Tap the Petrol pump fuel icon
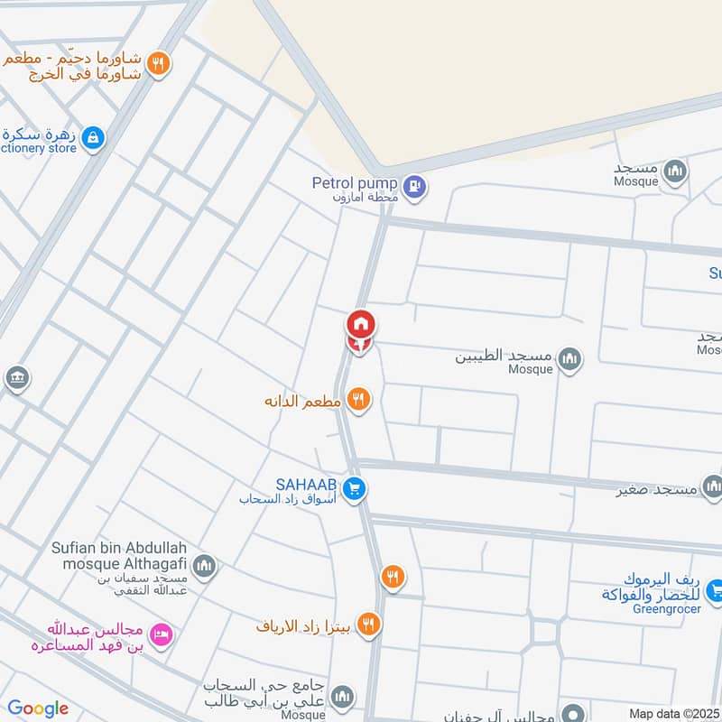pyautogui.click(x=414, y=187)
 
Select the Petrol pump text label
pyautogui.click(x=355, y=183)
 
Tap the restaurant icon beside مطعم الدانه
pyautogui.click(x=359, y=399)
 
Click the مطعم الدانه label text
pyautogui.click(x=301, y=400)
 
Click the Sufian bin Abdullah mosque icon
pyautogui.click(x=204, y=567)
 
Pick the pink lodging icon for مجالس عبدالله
pyautogui.click(x=162, y=635)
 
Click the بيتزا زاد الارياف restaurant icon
pyautogui.click(x=368, y=624)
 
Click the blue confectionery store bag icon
pyautogui.click(x=92, y=138)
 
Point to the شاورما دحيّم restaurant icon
pyautogui.click(x=159, y=63)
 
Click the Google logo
pyautogui.click(x=38, y=708)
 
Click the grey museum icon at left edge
pyautogui.click(x=16, y=378)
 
